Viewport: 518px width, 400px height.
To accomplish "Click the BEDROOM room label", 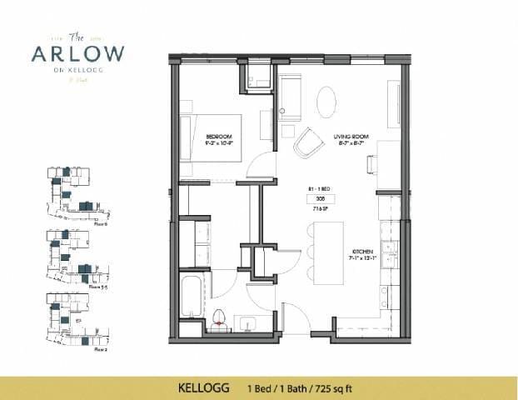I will tap(220, 136).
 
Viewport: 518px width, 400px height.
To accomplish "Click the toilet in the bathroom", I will tap(221, 317).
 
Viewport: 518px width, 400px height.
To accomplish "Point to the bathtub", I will tap(190, 305).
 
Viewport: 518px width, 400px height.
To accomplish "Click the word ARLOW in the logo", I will tap(77, 53).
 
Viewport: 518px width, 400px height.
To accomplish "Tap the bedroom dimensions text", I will tap(220, 143).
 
